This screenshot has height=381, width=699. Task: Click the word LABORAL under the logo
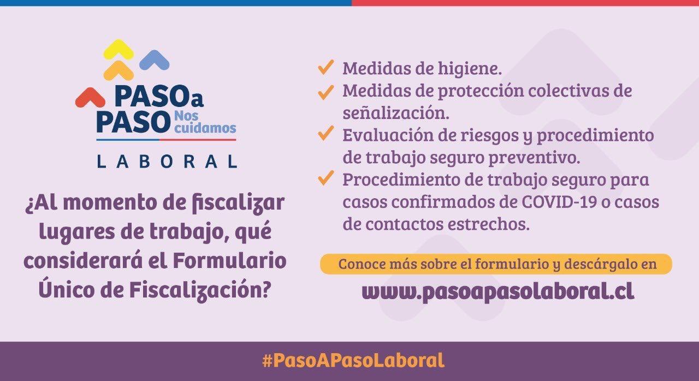(x=167, y=162)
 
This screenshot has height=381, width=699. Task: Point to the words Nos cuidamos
(x=205, y=122)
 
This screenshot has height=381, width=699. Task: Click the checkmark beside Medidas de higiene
(x=326, y=67)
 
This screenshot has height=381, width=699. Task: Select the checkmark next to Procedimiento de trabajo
(x=326, y=178)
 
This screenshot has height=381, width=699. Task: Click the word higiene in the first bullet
(x=470, y=68)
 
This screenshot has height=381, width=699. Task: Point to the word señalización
(x=396, y=112)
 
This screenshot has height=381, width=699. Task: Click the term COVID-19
(x=559, y=201)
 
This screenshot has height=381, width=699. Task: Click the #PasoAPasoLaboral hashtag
(x=353, y=361)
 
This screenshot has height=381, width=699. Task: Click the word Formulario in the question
(x=229, y=261)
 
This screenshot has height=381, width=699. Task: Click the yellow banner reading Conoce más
(x=496, y=264)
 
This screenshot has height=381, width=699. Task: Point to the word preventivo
(x=534, y=157)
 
